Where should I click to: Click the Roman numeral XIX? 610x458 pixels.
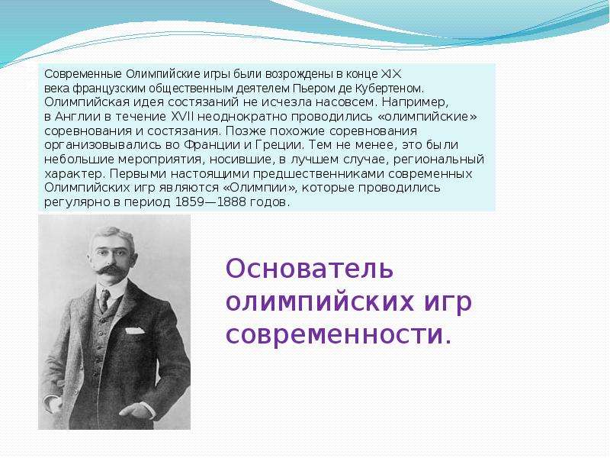pos(390,73)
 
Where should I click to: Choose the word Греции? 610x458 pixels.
pos(278,145)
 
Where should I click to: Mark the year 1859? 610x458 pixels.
pos(189,202)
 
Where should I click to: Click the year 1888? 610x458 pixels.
pos(232,202)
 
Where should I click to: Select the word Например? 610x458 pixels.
pos(415,102)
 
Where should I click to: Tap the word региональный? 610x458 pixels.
pos(438,160)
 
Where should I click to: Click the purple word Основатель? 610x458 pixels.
pos(310,269)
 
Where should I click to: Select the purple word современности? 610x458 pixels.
pos(339,334)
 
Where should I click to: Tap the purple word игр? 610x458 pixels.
pos(447,302)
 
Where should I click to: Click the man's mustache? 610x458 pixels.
pos(111,270)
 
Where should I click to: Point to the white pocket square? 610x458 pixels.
pos(135,331)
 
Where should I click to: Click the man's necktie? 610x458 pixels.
pos(104,300)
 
